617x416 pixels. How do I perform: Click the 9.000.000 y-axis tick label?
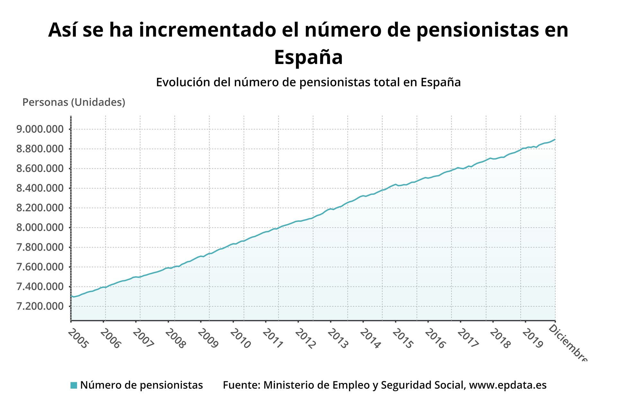40,129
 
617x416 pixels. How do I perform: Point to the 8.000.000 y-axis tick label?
40,228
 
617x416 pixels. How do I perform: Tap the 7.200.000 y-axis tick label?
40,306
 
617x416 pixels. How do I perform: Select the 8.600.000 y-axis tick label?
40,168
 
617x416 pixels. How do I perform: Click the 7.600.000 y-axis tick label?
40,267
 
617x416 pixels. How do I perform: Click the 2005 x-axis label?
78,339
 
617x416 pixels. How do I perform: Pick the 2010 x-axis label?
240,339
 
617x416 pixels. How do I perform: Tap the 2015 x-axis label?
403,339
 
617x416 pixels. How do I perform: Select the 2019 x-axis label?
532,339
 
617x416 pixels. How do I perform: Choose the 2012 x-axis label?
305,339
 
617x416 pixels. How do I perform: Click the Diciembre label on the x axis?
568,343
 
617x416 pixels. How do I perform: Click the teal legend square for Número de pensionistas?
74,385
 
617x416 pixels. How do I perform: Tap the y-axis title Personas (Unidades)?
74,102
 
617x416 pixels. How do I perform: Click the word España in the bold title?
308,58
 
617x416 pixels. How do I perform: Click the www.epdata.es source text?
508,385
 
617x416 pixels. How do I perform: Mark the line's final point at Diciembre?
555,140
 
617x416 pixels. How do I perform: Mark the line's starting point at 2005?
71,296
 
